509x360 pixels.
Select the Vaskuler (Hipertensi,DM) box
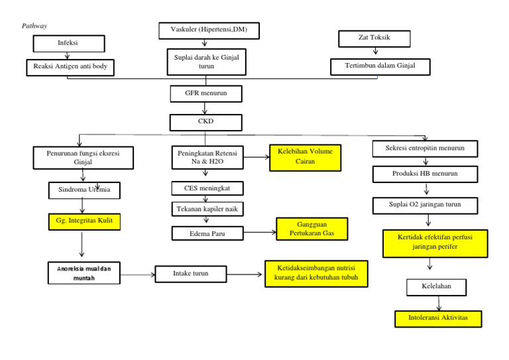(x=209, y=30)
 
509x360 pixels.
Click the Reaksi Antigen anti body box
(x=70, y=67)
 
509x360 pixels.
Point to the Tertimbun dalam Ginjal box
(x=380, y=66)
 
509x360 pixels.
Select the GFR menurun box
(x=206, y=93)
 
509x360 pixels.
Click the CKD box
(x=206, y=122)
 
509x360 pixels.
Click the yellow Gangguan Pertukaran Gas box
(x=312, y=229)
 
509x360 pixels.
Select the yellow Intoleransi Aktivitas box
(x=438, y=319)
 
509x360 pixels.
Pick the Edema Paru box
(x=206, y=233)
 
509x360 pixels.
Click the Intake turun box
(x=192, y=273)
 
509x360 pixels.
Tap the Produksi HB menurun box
(x=424, y=174)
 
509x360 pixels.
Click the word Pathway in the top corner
(x=34, y=25)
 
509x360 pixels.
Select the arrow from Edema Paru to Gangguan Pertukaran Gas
(x=258, y=233)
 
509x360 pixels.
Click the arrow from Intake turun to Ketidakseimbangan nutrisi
(x=245, y=273)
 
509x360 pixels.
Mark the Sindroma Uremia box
(x=84, y=191)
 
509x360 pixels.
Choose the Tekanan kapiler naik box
(x=206, y=210)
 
